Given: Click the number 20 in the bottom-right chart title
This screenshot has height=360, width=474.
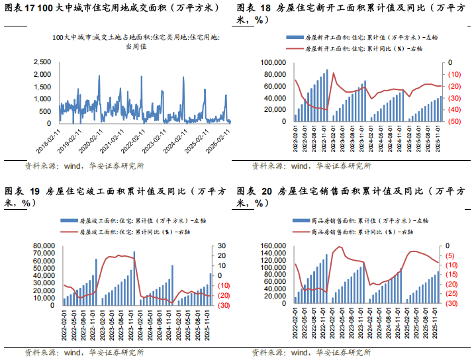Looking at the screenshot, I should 267,192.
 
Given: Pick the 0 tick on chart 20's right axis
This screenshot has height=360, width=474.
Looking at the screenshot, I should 451,246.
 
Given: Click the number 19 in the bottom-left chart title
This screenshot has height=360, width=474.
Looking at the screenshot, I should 35,192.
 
